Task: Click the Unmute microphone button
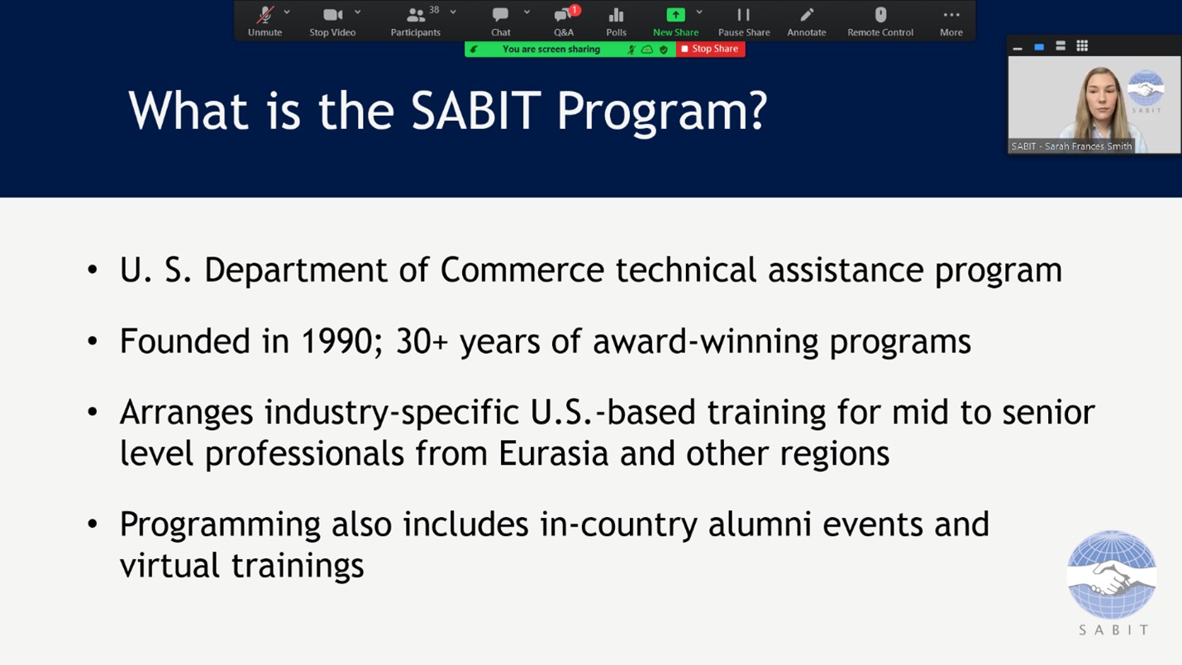click(265, 22)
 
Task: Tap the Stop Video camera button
click(332, 22)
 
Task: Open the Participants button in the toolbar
click(416, 22)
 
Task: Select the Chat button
click(500, 22)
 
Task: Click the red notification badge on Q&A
click(574, 10)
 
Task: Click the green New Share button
click(675, 22)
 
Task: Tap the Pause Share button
click(743, 22)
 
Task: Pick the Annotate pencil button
click(806, 22)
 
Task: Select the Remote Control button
click(880, 22)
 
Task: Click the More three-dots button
click(951, 22)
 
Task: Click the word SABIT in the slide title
click(476, 110)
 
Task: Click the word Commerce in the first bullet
click(522, 270)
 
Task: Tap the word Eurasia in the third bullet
click(553, 453)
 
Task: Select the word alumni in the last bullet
click(760, 524)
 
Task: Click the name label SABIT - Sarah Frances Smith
click(1071, 146)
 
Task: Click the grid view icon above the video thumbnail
click(1082, 46)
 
